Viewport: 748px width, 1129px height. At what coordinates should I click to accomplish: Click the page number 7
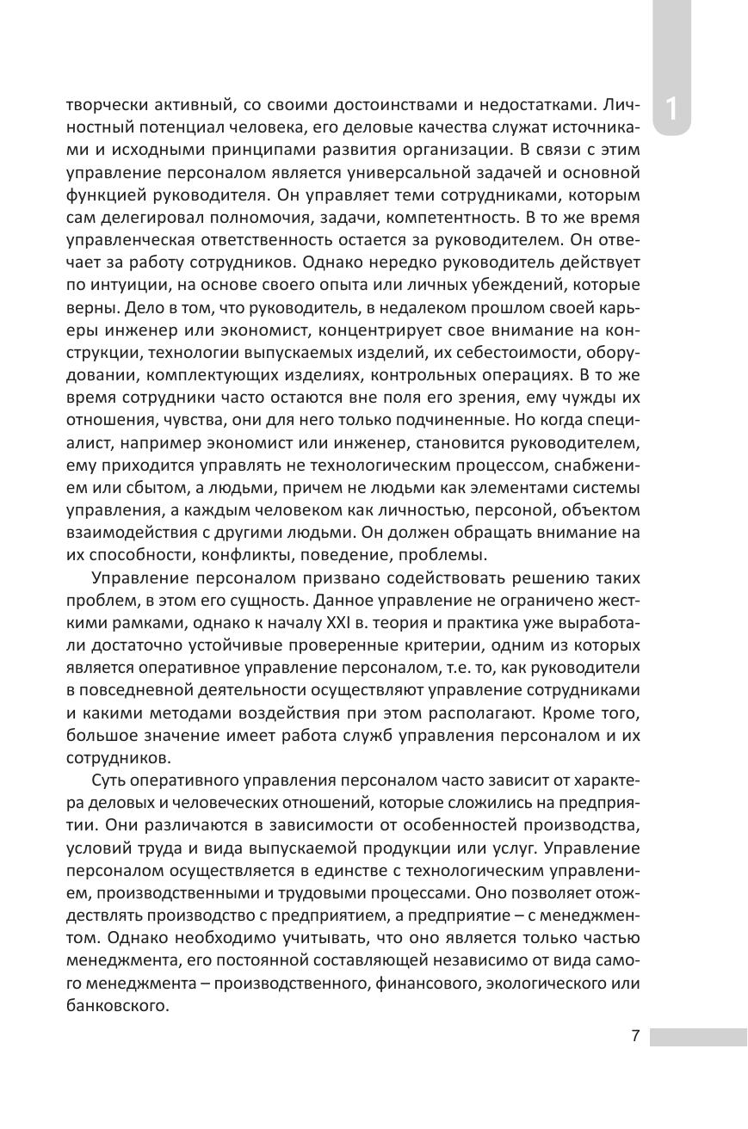pyautogui.click(x=635, y=1036)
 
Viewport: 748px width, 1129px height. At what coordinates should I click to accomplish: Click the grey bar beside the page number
pyautogui.click(x=698, y=1036)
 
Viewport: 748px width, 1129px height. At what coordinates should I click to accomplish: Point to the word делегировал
pyautogui.click(x=143, y=218)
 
